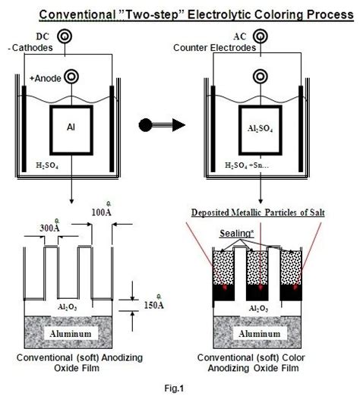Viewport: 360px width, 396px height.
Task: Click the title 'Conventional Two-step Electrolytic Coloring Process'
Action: tap(180, 14)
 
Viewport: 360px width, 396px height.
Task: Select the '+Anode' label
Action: tap(47, 77)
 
